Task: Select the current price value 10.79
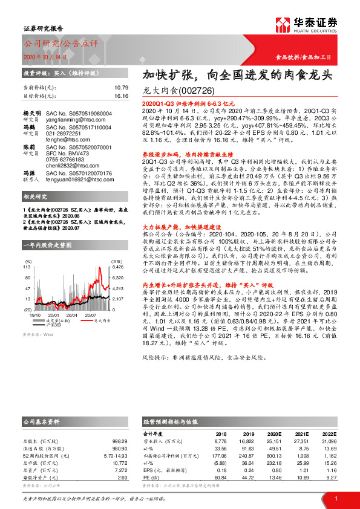pyautogui.click(x=121, y=88)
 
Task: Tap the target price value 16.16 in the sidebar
pyautogui.click(x=121, y=96)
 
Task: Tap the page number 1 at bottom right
pyautogui.click(x=335, y=498)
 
